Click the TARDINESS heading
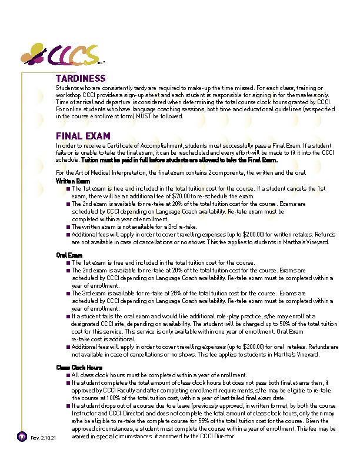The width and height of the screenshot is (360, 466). coord(81,78)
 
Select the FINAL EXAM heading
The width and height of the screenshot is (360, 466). coord(83,136)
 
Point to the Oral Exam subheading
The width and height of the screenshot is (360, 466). coord(69,255)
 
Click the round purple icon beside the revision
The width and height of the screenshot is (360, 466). coord(22,437)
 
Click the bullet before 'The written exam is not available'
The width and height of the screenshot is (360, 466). coord(68,227)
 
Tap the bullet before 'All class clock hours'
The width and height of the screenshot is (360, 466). coord(68,375)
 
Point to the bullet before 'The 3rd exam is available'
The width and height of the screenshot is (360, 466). coord(68,293)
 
